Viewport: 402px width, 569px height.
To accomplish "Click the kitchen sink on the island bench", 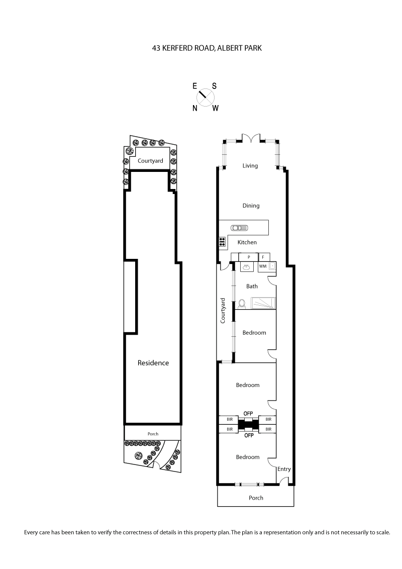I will pyautogui.click(x=239, y=228).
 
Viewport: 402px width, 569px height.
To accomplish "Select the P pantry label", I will pyautogui.click(x=249, y=257).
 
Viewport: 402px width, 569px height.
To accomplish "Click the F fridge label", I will pyautogui.click(x=263, y=257).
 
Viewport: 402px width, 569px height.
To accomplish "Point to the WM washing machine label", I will pyautogui.click(x=262, y=266).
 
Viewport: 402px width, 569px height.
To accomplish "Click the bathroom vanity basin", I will pyautogui.click(x=246, y=267).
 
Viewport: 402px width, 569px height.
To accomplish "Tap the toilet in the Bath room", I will pyautogui.click(x=241, y=304).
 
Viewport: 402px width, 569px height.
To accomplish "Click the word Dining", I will pyautogui.click(x=251, y=206).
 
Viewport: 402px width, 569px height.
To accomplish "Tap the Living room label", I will pyautogui.click(x=250, y=166).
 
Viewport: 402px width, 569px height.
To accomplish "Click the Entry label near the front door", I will pyautogui.click(x=284, y=469).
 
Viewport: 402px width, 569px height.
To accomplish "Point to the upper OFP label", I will pyautogui.click(x=248, y=413).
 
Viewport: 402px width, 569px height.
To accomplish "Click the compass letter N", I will pyautogui.click(x=195, y=108).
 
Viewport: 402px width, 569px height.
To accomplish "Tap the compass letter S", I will pyautogui.click(x=214, y=86).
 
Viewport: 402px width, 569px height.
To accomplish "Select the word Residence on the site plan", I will pyautogui.click(x=153, y=363).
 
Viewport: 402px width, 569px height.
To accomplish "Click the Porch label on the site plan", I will pyautogui.click(x=153, y=433).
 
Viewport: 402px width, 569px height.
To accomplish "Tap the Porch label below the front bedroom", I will pyautogui.click(x=256, y=498).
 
